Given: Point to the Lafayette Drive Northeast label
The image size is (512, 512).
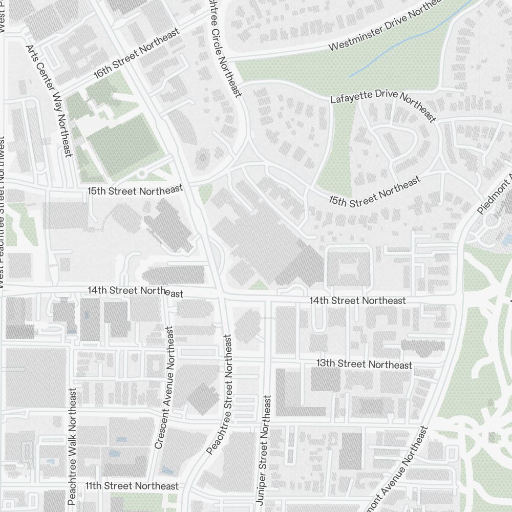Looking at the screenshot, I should (383, 104).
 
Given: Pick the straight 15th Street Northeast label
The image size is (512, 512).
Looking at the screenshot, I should (135, 190).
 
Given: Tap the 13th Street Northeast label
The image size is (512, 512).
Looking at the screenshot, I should (364, 364).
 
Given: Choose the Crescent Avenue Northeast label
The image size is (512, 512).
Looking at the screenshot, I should (165, 388).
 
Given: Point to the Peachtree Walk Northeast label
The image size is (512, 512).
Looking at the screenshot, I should (72, 446).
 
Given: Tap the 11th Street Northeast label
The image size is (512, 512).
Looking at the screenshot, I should (132, 485).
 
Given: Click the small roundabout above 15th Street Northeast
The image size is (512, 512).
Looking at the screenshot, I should (141, 174).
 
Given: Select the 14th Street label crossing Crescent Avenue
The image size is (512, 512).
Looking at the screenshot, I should (135, 291).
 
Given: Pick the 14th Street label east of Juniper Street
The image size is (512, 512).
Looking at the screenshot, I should (357, 301).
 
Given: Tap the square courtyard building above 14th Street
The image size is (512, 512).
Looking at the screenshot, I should (348, 266).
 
